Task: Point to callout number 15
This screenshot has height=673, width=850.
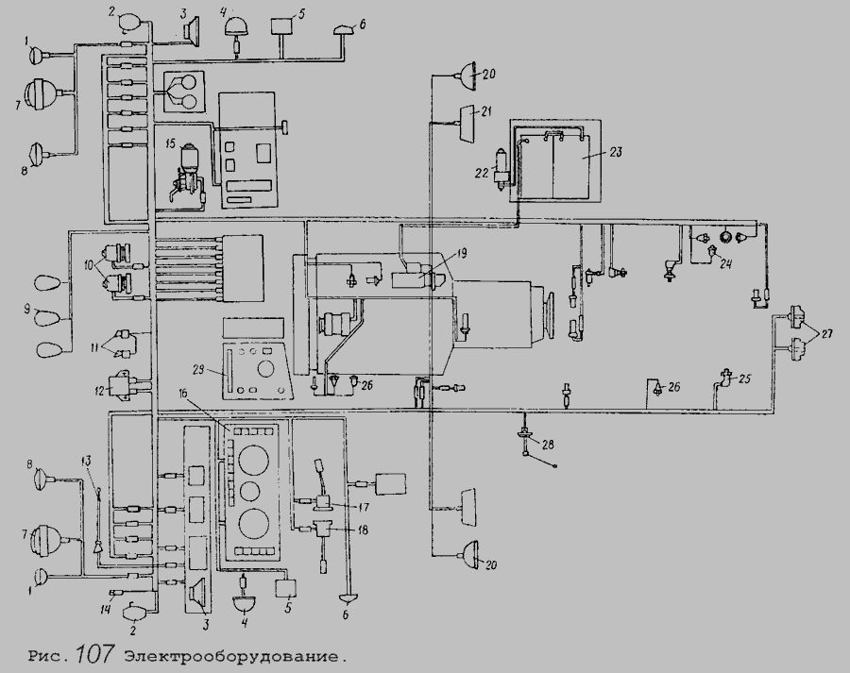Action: pyautogui.click(x=170, y=143)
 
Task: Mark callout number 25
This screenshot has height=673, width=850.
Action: pyautogui.click(x=744, y=379)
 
